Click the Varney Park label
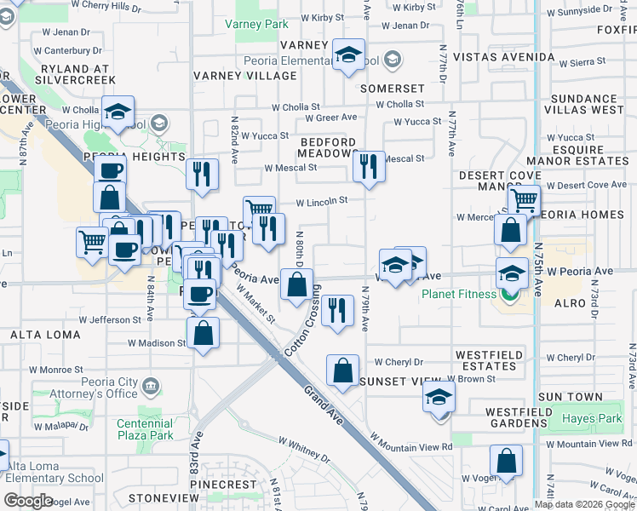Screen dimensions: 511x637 (256, 24)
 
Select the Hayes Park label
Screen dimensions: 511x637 (592, 418)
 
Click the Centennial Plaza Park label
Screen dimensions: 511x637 (145, 429)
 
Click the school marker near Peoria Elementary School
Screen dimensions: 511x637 (347, 56)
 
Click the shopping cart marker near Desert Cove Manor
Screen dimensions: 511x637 (524, 201)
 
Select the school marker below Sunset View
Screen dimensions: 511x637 (439, 397)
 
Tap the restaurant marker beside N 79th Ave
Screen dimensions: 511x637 (338, 310)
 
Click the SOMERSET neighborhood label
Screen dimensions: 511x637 (392, 89)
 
